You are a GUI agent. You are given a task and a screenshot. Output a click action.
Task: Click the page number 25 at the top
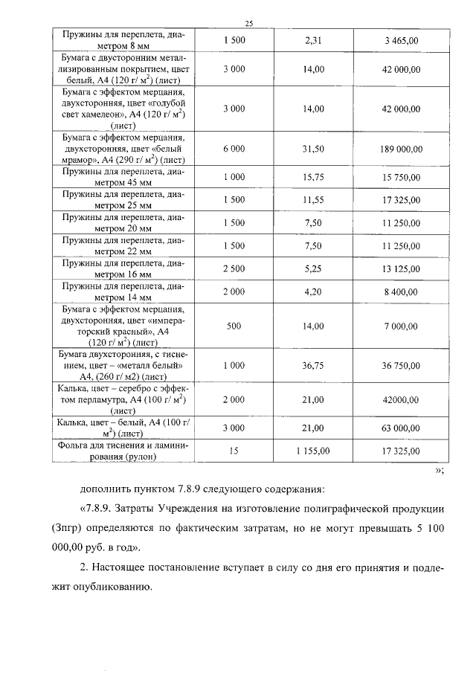tap(249, 25)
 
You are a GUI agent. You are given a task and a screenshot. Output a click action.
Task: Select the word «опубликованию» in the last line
tap(112, 585)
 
